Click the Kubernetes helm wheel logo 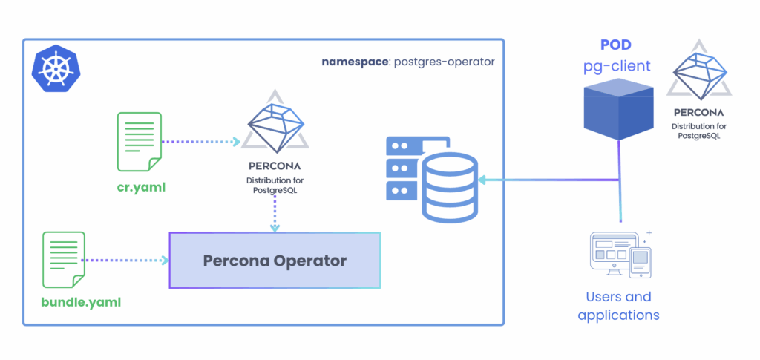(x=53, y=69)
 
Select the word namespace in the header (x=354, y=62)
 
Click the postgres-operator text (x=443, y=62)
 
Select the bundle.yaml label (x=80, y=302)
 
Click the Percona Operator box (x=275, y=261)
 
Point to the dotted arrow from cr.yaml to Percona (x=200, y=142)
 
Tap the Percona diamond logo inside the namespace (x=275, y=123)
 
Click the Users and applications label (x=618, y=306)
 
